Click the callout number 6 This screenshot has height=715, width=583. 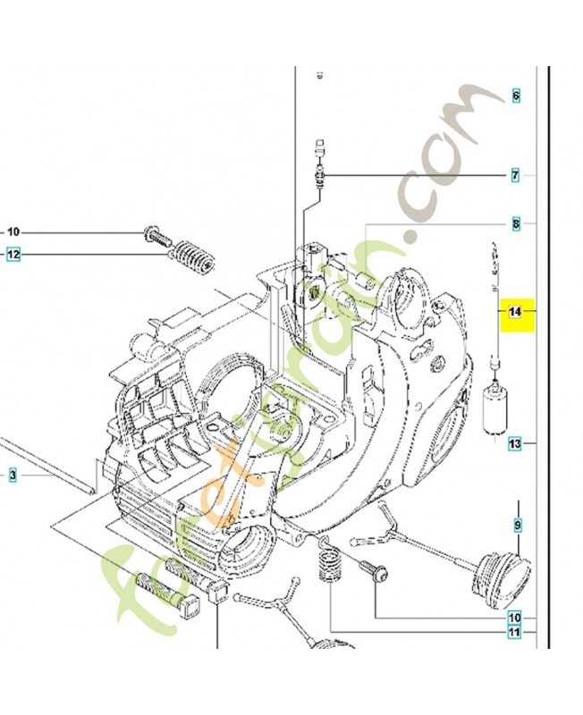515,96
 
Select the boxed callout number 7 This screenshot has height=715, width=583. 515,176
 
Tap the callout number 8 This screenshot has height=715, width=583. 516,223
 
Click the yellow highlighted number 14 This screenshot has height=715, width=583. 514,312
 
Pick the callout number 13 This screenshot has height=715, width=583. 515,443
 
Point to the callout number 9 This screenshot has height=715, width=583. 517,525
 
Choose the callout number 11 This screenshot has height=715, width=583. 515,634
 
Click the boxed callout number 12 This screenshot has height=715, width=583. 13,256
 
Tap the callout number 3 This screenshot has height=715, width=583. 13,476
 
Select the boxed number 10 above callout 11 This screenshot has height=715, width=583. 515,618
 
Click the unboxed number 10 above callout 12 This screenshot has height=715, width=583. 13,231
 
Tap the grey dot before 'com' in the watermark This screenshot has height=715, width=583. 414,236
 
